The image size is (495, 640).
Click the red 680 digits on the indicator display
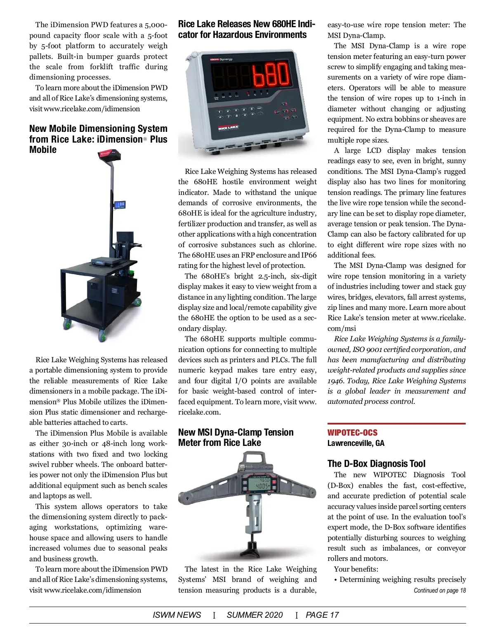[271, 75]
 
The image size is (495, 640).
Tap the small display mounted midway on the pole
[120, 205]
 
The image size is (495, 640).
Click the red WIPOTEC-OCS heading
[352, 433]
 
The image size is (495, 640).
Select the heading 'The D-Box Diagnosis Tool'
[376, 464]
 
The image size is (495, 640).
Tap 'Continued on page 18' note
[439, 591]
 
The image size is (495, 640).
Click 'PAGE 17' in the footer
[322, 615]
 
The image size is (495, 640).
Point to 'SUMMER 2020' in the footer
[255, 615]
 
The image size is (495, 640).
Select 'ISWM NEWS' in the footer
[177, 615]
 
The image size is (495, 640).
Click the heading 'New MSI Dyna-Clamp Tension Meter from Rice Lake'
[236, 437]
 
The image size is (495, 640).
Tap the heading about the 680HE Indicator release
[246, 29]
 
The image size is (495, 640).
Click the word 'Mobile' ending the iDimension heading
[43, 150]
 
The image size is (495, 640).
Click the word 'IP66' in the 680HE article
[309, 255]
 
